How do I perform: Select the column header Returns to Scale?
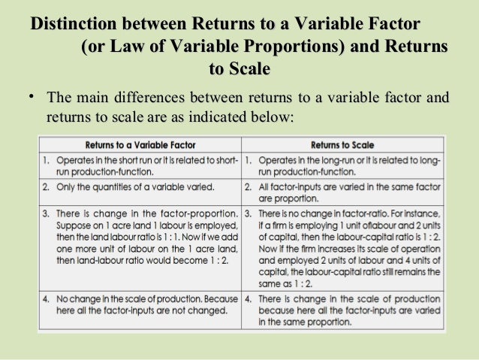point(341,144)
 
